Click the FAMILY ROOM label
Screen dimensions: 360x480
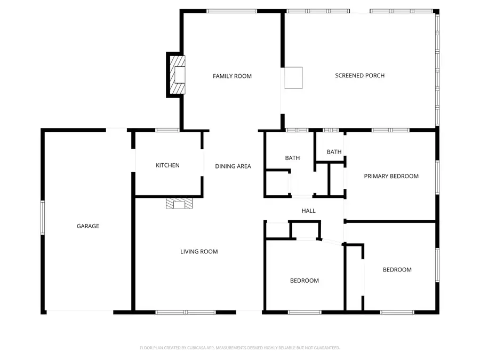(x=232, y=76)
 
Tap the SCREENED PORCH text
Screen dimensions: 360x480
(x=359, y=76)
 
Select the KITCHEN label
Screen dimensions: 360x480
(x=167, y=165)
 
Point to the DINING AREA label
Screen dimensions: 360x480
(x=233, y=166)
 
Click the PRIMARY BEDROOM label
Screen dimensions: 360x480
(x=391, y=176)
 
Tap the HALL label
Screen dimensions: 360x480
(x=308, y=211)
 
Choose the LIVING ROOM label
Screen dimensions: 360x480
(x=199, y=252)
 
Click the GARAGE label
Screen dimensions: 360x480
(x=88, y=226)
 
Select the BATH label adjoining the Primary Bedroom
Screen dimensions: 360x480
(x=334, y=152)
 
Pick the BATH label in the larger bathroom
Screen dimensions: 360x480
(x=292, y=158)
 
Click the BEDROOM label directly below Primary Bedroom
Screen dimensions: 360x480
(x=397, y=270)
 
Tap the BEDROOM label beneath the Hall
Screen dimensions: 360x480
(x=305, y=281)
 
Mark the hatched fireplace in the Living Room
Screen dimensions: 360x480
(x=178, y=203)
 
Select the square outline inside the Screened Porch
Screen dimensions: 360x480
(x=293, y=77)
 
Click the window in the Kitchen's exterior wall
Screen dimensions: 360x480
(x=167, y=130)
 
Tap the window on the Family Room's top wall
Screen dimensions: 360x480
(x=231, y=11)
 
